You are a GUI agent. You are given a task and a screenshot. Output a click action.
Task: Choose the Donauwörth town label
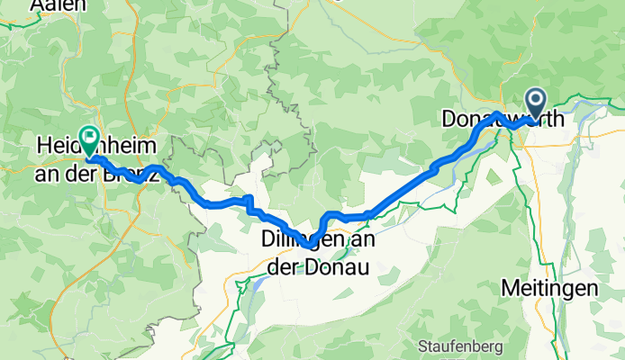click(x=503, y=118)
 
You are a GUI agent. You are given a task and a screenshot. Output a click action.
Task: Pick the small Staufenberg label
click(x=453, y=346)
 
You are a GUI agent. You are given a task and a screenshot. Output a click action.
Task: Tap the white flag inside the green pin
click(x=90, y=137)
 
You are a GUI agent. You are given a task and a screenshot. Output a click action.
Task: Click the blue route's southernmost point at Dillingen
click(x=309, y=245)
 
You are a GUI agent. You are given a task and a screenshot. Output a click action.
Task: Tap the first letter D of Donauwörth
click(x=449, y=119)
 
